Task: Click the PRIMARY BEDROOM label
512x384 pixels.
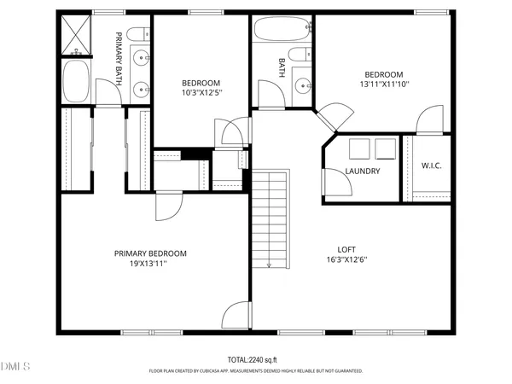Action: tap(151, 253)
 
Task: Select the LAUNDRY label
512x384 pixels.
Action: tap(363, 171)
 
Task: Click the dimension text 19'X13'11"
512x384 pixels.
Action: tap(151, 264)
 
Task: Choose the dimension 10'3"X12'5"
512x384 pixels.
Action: tap(201, 93)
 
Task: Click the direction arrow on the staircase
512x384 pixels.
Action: tap(269, 264)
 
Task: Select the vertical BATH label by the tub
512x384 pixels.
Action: tap(282, 67)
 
